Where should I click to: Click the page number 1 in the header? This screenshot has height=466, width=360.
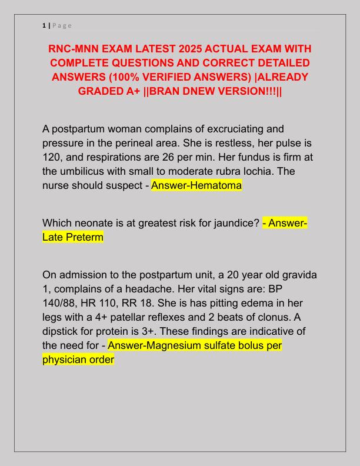[44, 25]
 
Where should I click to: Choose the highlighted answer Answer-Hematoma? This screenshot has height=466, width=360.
[196, 186]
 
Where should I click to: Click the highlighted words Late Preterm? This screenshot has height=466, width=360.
[73, 237]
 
